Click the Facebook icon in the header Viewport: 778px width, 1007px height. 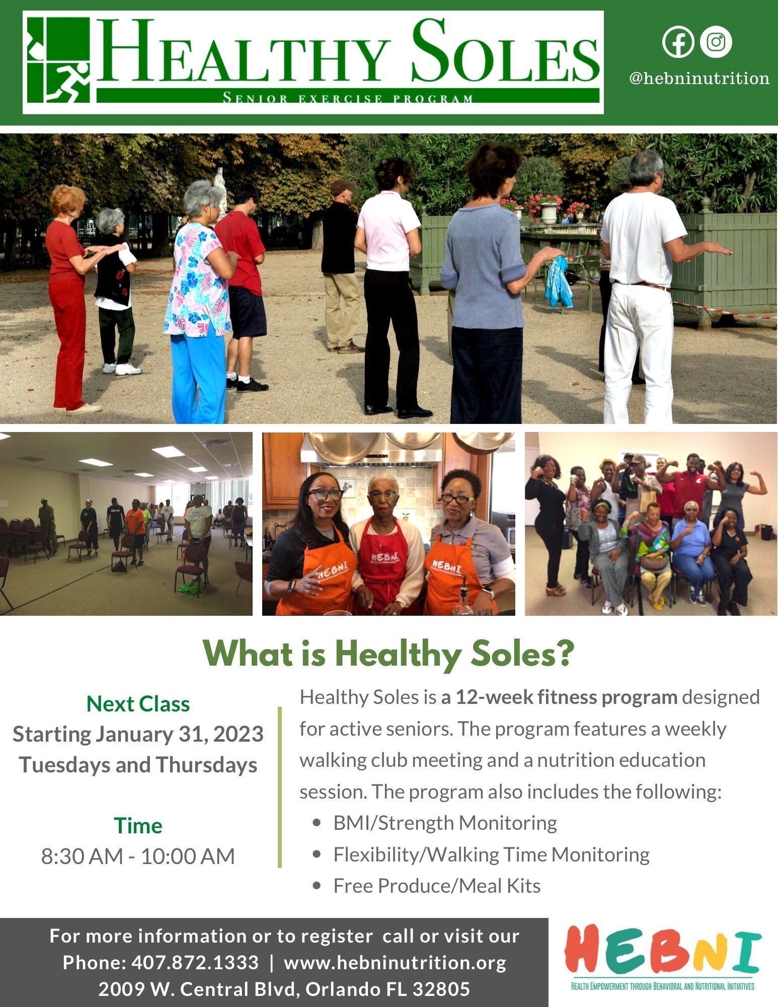coord(678,42)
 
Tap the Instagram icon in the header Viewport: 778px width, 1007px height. coord(716,42)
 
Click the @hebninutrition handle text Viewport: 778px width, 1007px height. coord(699,78)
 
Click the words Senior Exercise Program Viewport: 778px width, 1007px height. coord(348,98)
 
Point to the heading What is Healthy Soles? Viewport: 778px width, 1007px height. coord(388,654)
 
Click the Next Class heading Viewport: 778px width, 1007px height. coord(138,704)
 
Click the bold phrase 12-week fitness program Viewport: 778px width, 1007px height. coord(567,697)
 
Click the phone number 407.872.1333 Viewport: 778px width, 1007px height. coord(195,962)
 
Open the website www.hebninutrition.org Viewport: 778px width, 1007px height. coord(395,962)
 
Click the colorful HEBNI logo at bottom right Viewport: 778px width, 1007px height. coord(662,957)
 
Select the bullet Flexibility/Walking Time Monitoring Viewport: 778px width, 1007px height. coord(491,854)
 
